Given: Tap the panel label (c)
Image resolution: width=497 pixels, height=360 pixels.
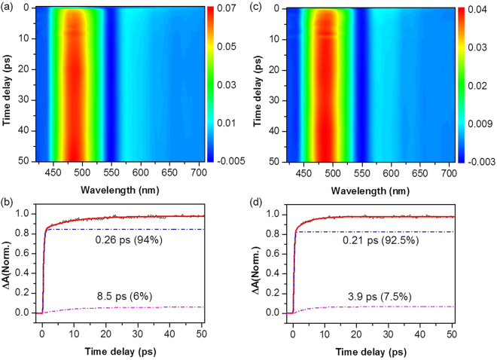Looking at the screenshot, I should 258,7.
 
